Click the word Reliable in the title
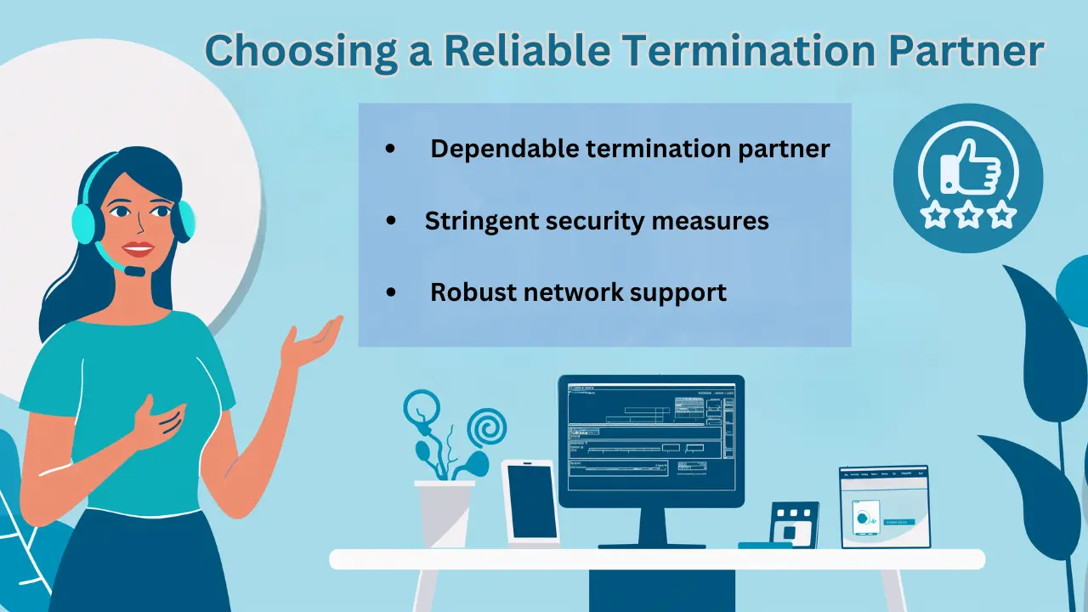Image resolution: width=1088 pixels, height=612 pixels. tap(526, 51)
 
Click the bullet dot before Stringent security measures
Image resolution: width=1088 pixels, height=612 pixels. tap(391, 221)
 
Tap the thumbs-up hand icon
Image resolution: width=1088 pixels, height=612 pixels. tap(970, 167)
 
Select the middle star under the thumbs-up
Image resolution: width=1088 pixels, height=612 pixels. tap(969, 214)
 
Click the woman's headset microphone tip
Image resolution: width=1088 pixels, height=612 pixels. tap(134, 271)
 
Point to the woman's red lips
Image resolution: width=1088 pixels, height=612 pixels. tap(137, 249)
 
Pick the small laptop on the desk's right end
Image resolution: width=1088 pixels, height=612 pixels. tap(884, 507)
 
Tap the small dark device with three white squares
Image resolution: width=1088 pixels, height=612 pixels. tap(794, 524)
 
